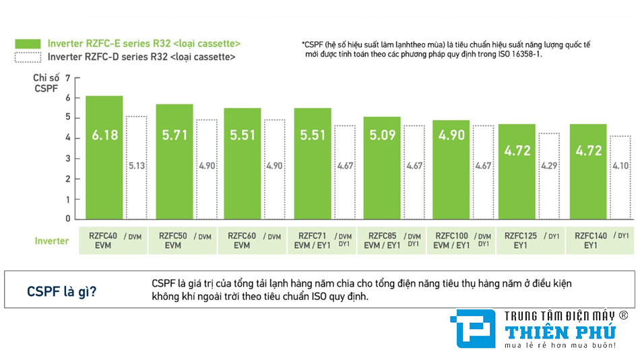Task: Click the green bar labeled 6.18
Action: (104, 157)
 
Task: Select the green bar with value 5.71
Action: (174, 161)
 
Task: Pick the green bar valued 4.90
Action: (451, 169)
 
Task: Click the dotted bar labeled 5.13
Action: (136, 167)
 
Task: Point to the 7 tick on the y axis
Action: (67, 78)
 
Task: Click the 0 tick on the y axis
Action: (67, 218)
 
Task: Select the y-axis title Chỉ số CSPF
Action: (45, 84)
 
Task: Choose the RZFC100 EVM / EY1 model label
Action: (451, 241)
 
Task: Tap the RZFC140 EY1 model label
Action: (591, 241)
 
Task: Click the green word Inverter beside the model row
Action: (52, 241)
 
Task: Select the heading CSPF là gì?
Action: (61, 291)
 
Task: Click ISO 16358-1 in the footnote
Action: (518, 54)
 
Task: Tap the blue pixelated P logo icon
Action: (472, 330)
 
